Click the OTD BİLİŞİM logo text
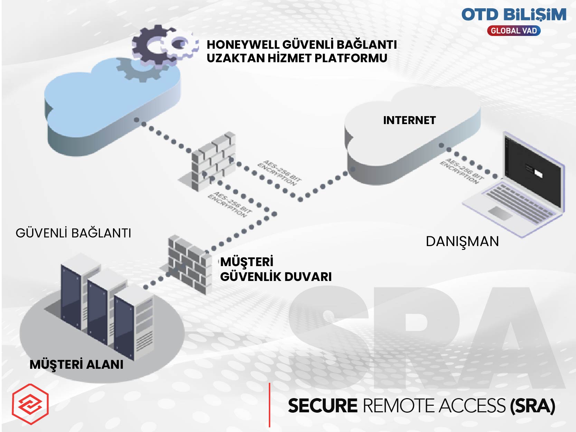click(513, 15)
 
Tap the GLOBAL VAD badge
click(513, 31)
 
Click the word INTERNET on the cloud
click(409, 120)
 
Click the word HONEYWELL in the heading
click(243, 45)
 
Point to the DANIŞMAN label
click(462, 241)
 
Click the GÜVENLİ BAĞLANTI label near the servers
click(73, 233)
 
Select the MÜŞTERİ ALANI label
click(76, 365)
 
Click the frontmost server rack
click(133, 325)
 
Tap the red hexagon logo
click(30, 404)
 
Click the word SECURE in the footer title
click(322, 406)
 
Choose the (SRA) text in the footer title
click(532, 406)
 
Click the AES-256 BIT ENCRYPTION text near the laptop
click(461, 170)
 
